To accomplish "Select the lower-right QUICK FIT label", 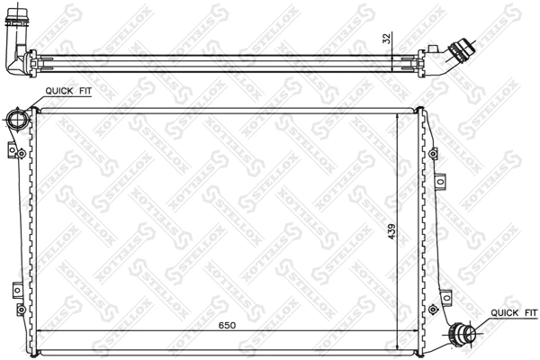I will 510,313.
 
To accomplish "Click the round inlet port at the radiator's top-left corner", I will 15,119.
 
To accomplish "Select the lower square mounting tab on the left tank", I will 17,290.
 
